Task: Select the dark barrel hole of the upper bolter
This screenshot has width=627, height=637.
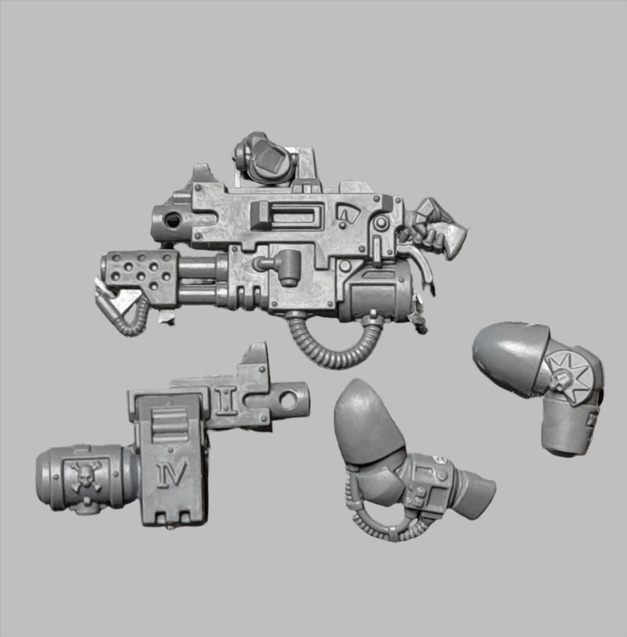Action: click(x=172, y=219)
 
